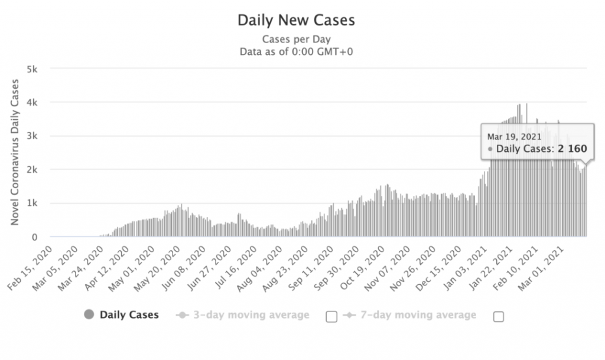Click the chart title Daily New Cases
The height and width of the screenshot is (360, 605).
296,21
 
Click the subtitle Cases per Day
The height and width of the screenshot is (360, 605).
296,40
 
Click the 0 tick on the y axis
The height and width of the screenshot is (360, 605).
35,237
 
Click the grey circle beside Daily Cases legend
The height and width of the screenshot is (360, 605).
90,314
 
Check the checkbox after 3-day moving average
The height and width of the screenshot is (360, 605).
331,316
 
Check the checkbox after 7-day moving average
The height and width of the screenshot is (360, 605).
499,316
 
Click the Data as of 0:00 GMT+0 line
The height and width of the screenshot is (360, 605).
296,51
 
